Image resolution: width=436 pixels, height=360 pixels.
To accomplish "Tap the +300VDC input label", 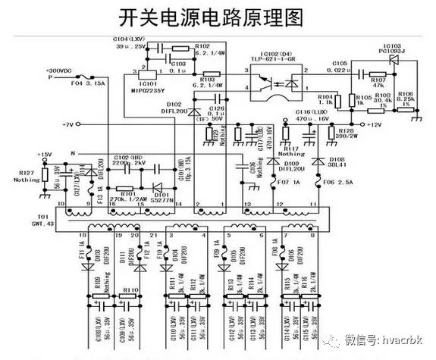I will click(60, 70).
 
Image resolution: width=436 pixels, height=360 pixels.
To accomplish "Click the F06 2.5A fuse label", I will click(321, 183).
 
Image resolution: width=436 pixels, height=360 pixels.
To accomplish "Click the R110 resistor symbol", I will click(130, 296).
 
